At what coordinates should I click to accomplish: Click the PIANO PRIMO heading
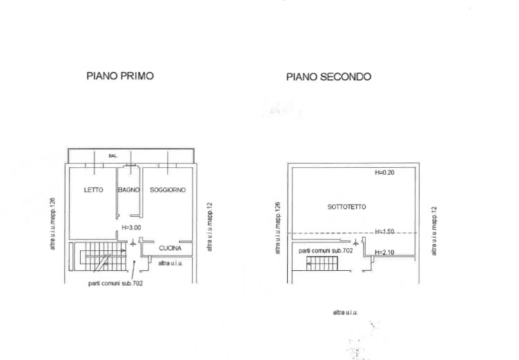[x=120, y=75]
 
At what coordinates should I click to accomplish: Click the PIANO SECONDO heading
[x=329, y=77]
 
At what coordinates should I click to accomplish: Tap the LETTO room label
[x=93, y=190]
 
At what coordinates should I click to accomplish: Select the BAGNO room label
[x=129, y=190]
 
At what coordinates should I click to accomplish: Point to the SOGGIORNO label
[x=168, y=190]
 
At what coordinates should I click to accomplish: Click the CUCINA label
[x=170, y=248]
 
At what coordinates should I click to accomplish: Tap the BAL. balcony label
[x=113, y=156]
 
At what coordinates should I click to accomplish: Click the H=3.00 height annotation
[x=131, y=227]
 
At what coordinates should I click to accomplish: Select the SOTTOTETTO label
[x=347, y=207]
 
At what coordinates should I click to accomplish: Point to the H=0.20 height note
[x=384, y=172]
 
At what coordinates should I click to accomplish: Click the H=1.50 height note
[x=384, y=231]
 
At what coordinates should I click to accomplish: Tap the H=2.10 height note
[x=384, y=252]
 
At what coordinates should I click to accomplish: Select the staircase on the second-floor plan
[x=322, y=263]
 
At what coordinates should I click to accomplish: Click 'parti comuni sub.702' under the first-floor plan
[x=116, y=283]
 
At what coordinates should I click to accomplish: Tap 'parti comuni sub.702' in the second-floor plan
[x=326, y=250]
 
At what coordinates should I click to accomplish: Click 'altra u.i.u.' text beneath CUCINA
[x=171, y=264]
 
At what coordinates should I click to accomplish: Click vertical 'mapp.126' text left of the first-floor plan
[x=53, y=224]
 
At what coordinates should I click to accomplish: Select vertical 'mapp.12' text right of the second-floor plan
[x=434, y=231]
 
